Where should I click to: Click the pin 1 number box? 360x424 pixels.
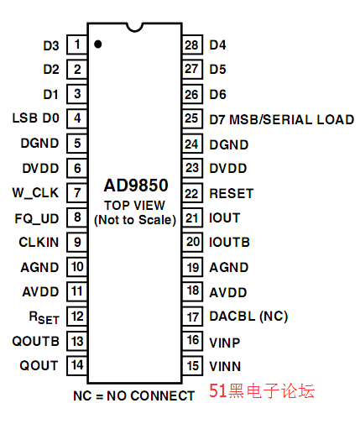pyautogui.click(x=77, y=44)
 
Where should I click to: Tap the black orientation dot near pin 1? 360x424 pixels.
pyautogui.click(x=98, y=44)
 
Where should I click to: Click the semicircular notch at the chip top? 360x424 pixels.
pyautogui.click(x=135, y=28)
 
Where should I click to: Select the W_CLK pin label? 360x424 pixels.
pyautogui.click(x=35, y=193)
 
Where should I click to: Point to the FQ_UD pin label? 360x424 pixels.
pyautogui.click(x=37, y=218)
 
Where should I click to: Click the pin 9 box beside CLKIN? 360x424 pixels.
pyautogui.click(x=77, y=242)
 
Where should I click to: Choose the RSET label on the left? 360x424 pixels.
pyautogui.click(x=44, y=317)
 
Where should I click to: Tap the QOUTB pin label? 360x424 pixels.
pyautogui.click(x=36, y=342)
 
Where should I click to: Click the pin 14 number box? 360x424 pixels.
pyautogui.click(x=77, y=365)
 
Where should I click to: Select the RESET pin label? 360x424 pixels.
pyautogui.click(x=232, y=194)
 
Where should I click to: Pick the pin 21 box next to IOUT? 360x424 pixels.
pyautogui.click(x=192, y=217)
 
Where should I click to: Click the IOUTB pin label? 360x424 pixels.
pyautogui.click(x=229, y=243)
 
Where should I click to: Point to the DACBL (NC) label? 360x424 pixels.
pyautogui.click(x=248, y=317)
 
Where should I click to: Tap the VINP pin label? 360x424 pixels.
pyautogui.click(x=225, y=343)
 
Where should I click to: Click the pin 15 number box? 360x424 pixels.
pyautogui.click(x=192, y=365)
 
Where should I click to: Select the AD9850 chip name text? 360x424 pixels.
pyautogui.click(x=136, y=186)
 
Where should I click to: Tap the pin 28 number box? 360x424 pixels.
pyautogui.click(x=192, y=44)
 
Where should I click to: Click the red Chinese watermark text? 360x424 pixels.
pyautogui.click(x=262, y=390)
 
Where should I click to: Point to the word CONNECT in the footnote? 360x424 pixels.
pyautogui.click(x=163, y=396)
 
